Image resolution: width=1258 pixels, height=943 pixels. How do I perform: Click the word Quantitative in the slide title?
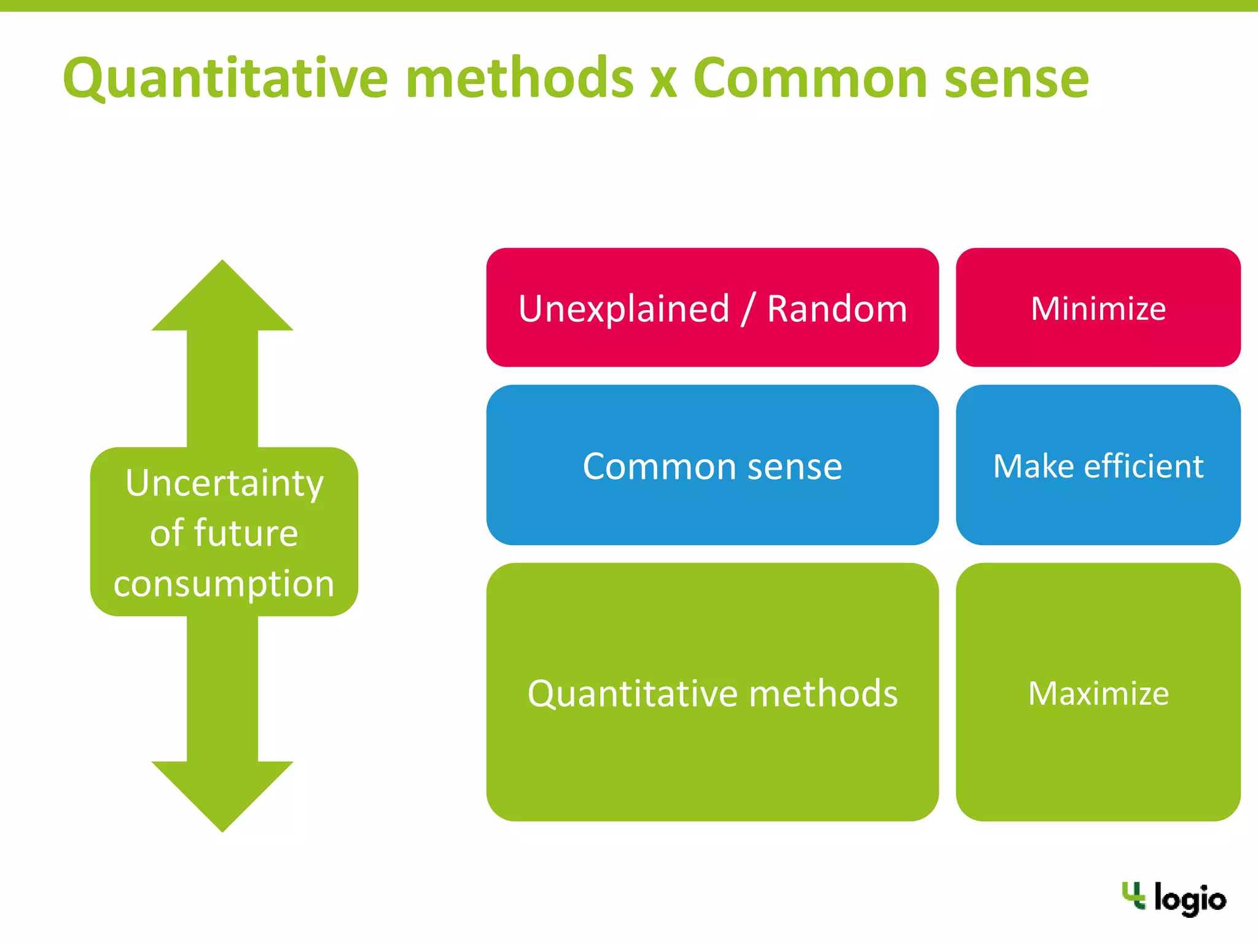[x=225, y=79]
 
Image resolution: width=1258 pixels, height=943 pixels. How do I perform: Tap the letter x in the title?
[x=663, y=81]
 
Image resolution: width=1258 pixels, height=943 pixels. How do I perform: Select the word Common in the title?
[x=810, y=79]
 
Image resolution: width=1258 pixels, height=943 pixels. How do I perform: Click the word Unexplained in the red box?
[x=623, y=309]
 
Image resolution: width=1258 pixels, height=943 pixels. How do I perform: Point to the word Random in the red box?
[x=837, y=309]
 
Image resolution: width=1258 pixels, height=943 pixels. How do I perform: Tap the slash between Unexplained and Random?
[x=748, y=309]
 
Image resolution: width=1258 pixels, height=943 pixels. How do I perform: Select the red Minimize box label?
[x=1098, y=308]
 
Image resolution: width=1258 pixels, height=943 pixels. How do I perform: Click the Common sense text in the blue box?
[x=712, y=467]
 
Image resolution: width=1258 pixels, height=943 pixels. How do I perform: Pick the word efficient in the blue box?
[x=1143, y=467]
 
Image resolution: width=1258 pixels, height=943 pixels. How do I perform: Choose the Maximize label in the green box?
[x=1098, y=694]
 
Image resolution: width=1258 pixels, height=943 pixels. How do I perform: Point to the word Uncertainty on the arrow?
[x=224, y=484]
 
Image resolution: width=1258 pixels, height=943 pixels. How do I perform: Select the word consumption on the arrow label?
[x=224, y=583]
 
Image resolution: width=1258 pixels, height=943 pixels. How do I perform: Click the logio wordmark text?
[x=1190, y=899]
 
